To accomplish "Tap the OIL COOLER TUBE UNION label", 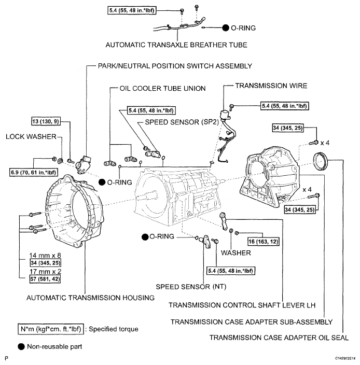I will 155,88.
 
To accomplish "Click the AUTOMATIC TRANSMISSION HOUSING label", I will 85,298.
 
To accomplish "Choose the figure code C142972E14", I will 340,358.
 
